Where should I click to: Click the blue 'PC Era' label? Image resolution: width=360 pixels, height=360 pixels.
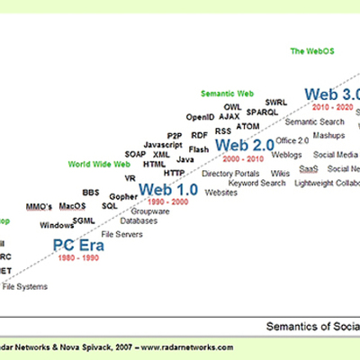point(77,245)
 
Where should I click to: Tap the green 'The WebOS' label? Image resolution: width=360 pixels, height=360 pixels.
point(310,51)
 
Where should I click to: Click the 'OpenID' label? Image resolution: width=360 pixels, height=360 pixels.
point(200,117)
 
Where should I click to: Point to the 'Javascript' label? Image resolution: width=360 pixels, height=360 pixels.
point(163,144)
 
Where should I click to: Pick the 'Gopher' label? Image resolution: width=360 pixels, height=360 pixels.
point(123,195)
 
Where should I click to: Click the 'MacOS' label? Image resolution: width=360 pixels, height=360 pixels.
point(72,206)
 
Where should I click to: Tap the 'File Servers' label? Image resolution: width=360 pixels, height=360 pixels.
point(121,234)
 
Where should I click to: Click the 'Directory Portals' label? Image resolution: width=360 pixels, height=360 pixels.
point(229,173)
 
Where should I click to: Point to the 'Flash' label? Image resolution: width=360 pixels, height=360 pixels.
point(200,148)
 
